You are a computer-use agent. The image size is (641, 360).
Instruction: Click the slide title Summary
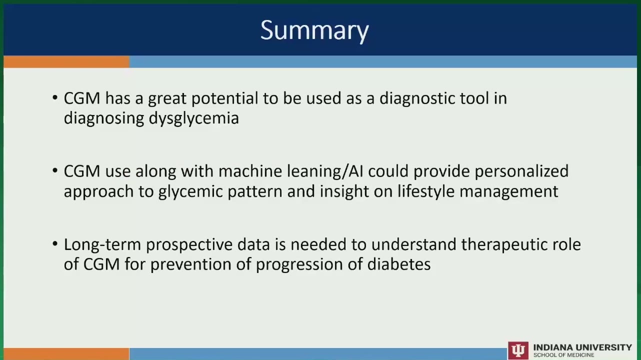coord(314,31)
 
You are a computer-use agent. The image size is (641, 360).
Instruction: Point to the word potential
coord(224,98)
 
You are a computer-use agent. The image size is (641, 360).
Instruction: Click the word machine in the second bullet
coord(250,171)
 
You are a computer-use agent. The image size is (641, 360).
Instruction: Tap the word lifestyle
coord(426,191)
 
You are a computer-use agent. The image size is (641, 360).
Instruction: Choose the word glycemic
coord(190,191)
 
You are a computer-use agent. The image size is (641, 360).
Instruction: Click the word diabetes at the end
coord(399,264)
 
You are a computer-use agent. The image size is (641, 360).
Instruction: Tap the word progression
coord(299,264)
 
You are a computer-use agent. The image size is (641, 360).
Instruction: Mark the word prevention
coord(191,264)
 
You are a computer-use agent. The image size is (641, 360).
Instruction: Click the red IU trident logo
coord(518,350)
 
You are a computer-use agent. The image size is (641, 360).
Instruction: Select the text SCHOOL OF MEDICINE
coord(563,355)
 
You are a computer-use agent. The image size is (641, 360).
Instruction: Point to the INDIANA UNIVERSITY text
coord(582,347)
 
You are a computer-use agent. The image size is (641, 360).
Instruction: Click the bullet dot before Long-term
coord(55,244)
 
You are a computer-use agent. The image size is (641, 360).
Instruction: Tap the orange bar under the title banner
coord(66,62)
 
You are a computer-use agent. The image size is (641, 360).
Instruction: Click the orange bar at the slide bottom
coord(66,354)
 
